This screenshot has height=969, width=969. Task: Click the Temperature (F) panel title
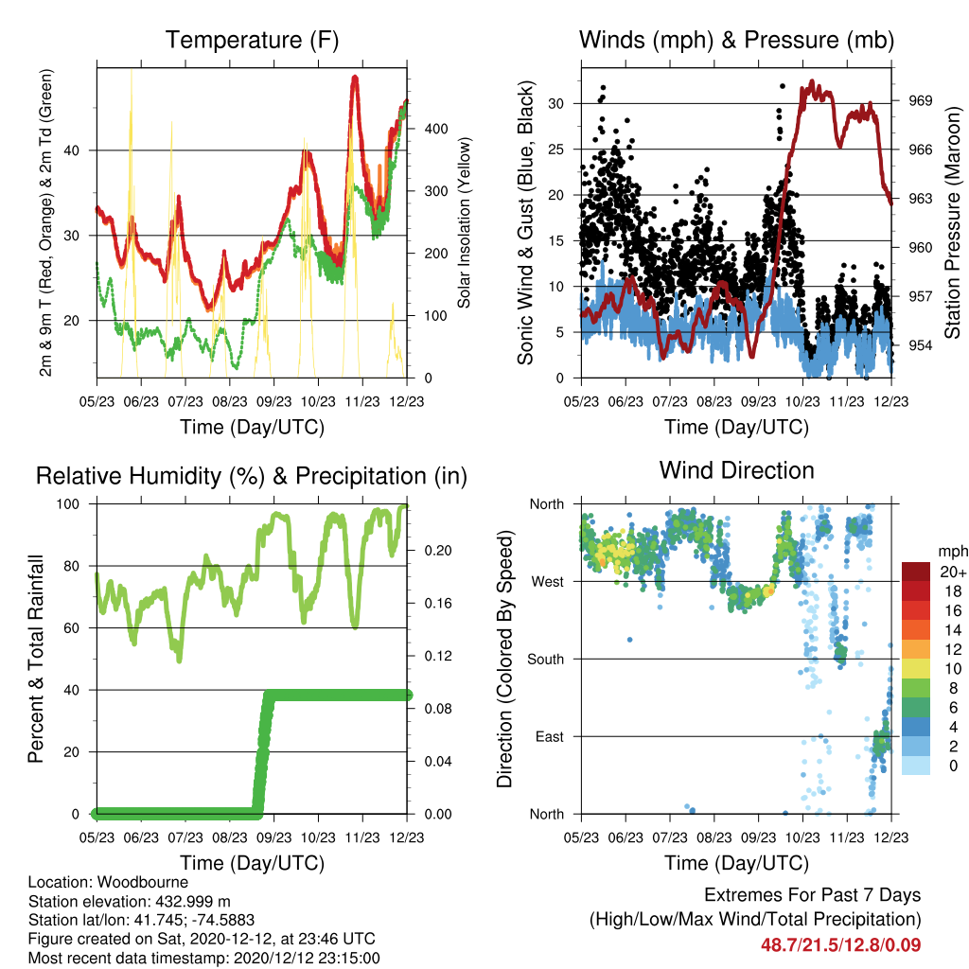(x=252, y=40)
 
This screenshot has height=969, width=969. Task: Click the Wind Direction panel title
(x=736, y=470)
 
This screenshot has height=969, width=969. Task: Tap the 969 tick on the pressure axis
(x=920, y=100)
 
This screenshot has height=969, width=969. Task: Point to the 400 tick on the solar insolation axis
(x=435, y=129)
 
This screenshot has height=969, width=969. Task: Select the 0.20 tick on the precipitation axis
(x=438, y=551)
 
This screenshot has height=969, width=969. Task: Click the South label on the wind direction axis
(x=546, y=660)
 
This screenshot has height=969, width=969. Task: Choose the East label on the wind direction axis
(x=550, y=736)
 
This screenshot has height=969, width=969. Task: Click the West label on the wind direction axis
(x=548, y=582)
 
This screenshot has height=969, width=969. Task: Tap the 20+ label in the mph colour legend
(x=953, y=572)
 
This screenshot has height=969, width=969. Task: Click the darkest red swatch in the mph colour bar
(x=916, y=572)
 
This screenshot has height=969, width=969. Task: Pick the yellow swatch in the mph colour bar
(x=916, y=669)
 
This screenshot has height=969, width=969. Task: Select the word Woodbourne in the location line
(x=143, y=882)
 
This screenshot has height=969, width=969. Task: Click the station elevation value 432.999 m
(x=191, y=901)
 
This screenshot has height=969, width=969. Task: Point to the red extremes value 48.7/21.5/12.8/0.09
(x=840, y=945)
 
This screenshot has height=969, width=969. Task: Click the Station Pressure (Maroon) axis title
(x=952, y=222)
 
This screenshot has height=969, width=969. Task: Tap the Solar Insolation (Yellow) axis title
(x=464, y=222)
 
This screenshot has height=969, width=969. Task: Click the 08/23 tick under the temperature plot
(x=230, y=401)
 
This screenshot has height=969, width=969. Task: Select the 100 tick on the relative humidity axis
(x=68, y=504)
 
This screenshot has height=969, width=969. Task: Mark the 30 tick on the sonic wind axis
(x=556, y=104)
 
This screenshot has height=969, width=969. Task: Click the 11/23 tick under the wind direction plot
(x=847, y=837)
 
